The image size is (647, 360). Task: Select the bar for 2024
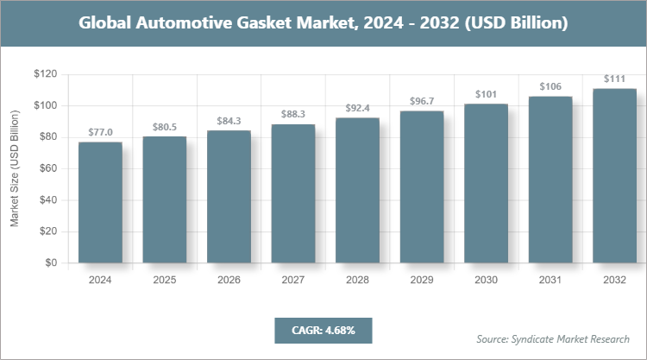100,203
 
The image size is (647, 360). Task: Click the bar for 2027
292,193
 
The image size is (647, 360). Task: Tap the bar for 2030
486,184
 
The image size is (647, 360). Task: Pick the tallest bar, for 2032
614,176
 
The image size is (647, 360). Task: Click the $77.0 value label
100,132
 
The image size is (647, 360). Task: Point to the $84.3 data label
229,120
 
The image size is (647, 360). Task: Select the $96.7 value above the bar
421,101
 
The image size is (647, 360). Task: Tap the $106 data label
550,86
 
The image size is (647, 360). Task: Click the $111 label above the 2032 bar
614,79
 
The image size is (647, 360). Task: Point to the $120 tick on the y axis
45,74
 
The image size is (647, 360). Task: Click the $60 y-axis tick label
47,168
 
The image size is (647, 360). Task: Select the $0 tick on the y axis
51,262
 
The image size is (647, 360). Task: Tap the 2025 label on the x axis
164,280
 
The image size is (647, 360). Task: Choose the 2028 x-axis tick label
357,280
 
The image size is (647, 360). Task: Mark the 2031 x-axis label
550,280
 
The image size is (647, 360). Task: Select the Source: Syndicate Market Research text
553,338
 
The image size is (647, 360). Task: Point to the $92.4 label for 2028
357,108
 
